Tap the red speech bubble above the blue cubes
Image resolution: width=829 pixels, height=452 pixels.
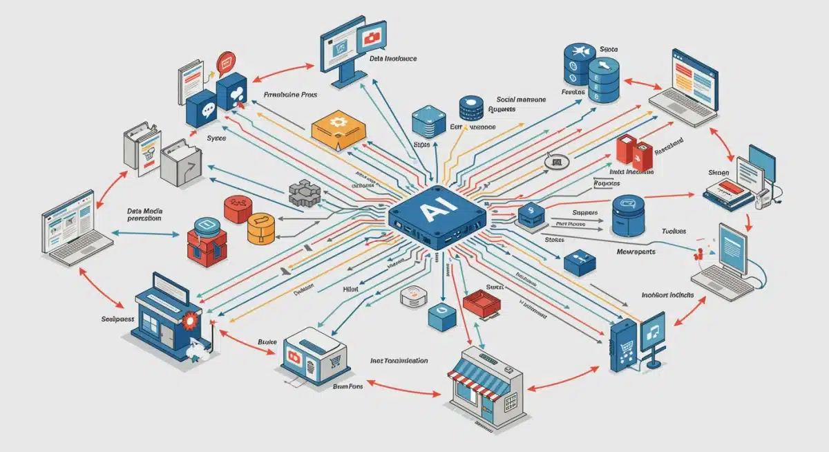226,64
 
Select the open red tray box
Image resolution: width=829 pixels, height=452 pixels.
482,302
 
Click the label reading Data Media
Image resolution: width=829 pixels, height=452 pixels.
145,210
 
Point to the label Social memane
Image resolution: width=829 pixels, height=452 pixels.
519,100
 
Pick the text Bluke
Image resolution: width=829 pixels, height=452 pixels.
267,341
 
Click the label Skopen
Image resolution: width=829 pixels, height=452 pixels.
719,173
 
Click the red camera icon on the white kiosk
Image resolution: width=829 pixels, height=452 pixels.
293,357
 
